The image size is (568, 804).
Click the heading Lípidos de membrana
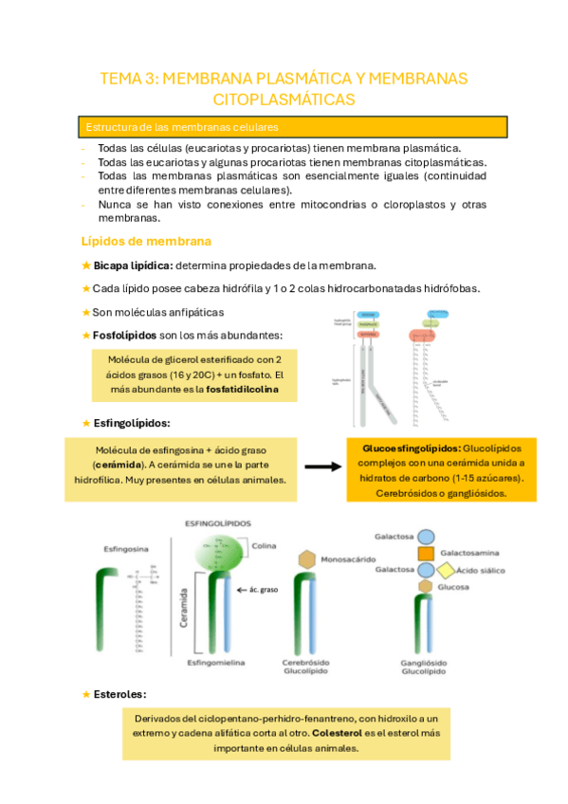click(146, 241)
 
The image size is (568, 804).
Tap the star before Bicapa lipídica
click(86, 265)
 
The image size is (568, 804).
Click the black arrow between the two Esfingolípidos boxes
click(323, 466)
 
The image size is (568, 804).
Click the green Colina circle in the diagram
click(224, 548)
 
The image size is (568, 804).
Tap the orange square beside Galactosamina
click(426, 553)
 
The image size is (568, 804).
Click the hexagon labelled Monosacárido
click(306, 560)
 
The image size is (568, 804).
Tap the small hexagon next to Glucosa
click(426, 587)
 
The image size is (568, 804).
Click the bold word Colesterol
click(337, 733)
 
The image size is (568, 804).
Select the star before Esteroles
click(86, 694)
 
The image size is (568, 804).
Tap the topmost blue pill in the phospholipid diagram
click(369, 313)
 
